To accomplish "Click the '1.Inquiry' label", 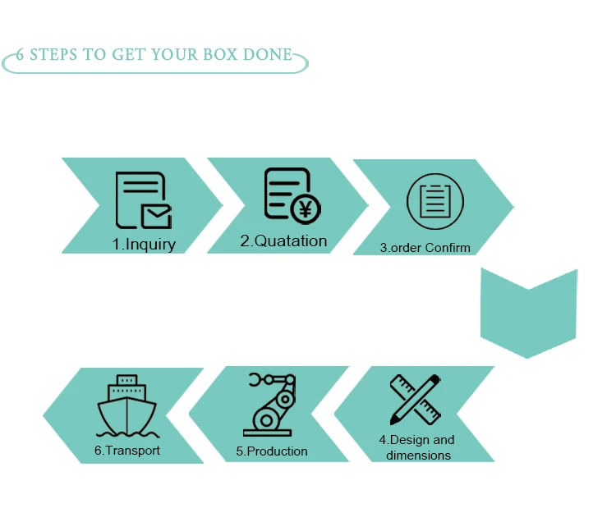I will pyautogui.click(x=144, y=244).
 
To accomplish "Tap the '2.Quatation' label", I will pyautogui.click(x=283, y=240).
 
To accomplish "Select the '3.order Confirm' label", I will pyautogui.click(x=425, y=247).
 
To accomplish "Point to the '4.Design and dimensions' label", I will pyautogui.click(x=418, y=447).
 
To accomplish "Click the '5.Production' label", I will pyautogui.click(x=272, y=451).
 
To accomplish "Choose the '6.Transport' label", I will pyautogui.click(x=126, y=450).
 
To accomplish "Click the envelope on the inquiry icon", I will pyautogui.click(x=156, y=215).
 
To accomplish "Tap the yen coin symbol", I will pyautogui.click(x=306, y=208).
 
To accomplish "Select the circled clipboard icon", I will pyautogui.click(x=435, y=202).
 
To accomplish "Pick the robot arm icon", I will pyautogui.click(x=269, y=405).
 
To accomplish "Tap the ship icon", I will pyautogui.click(x=126, y=404).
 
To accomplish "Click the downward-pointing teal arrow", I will pyautogui.click(x=528, y=312).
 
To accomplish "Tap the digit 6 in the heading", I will pyautogui.click(x=21, y=56).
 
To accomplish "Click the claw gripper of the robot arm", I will pyautogui.click(x=257, y=380).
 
